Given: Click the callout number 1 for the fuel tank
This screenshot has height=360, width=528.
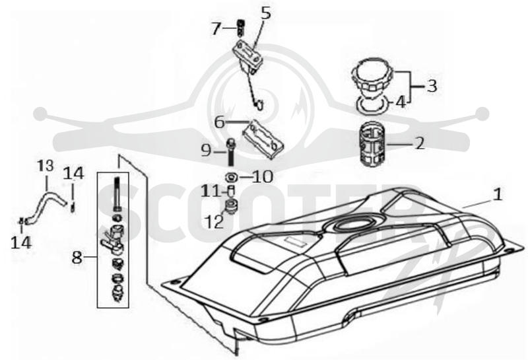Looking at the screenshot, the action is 498,195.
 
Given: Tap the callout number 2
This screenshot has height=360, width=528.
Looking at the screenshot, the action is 420,143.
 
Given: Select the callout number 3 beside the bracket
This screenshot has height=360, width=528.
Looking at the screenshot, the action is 432,86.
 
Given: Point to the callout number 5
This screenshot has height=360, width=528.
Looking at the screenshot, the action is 267,14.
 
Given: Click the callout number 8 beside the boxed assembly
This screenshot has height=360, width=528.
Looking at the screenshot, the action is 77,258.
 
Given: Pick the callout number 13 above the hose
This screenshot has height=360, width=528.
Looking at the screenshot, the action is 46,166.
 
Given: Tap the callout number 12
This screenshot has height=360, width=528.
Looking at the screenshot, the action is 216,222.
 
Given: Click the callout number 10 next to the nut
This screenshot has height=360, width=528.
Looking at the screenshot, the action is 262,176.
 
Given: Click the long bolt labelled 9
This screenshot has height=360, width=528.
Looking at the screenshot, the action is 231,152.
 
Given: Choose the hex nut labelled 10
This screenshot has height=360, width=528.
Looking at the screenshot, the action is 231,176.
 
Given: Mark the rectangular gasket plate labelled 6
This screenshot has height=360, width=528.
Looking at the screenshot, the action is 263,139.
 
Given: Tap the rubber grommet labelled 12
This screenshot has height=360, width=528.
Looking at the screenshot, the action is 231,205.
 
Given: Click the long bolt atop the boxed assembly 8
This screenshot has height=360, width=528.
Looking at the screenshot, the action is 117,194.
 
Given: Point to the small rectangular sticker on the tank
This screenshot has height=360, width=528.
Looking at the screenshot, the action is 295,242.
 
